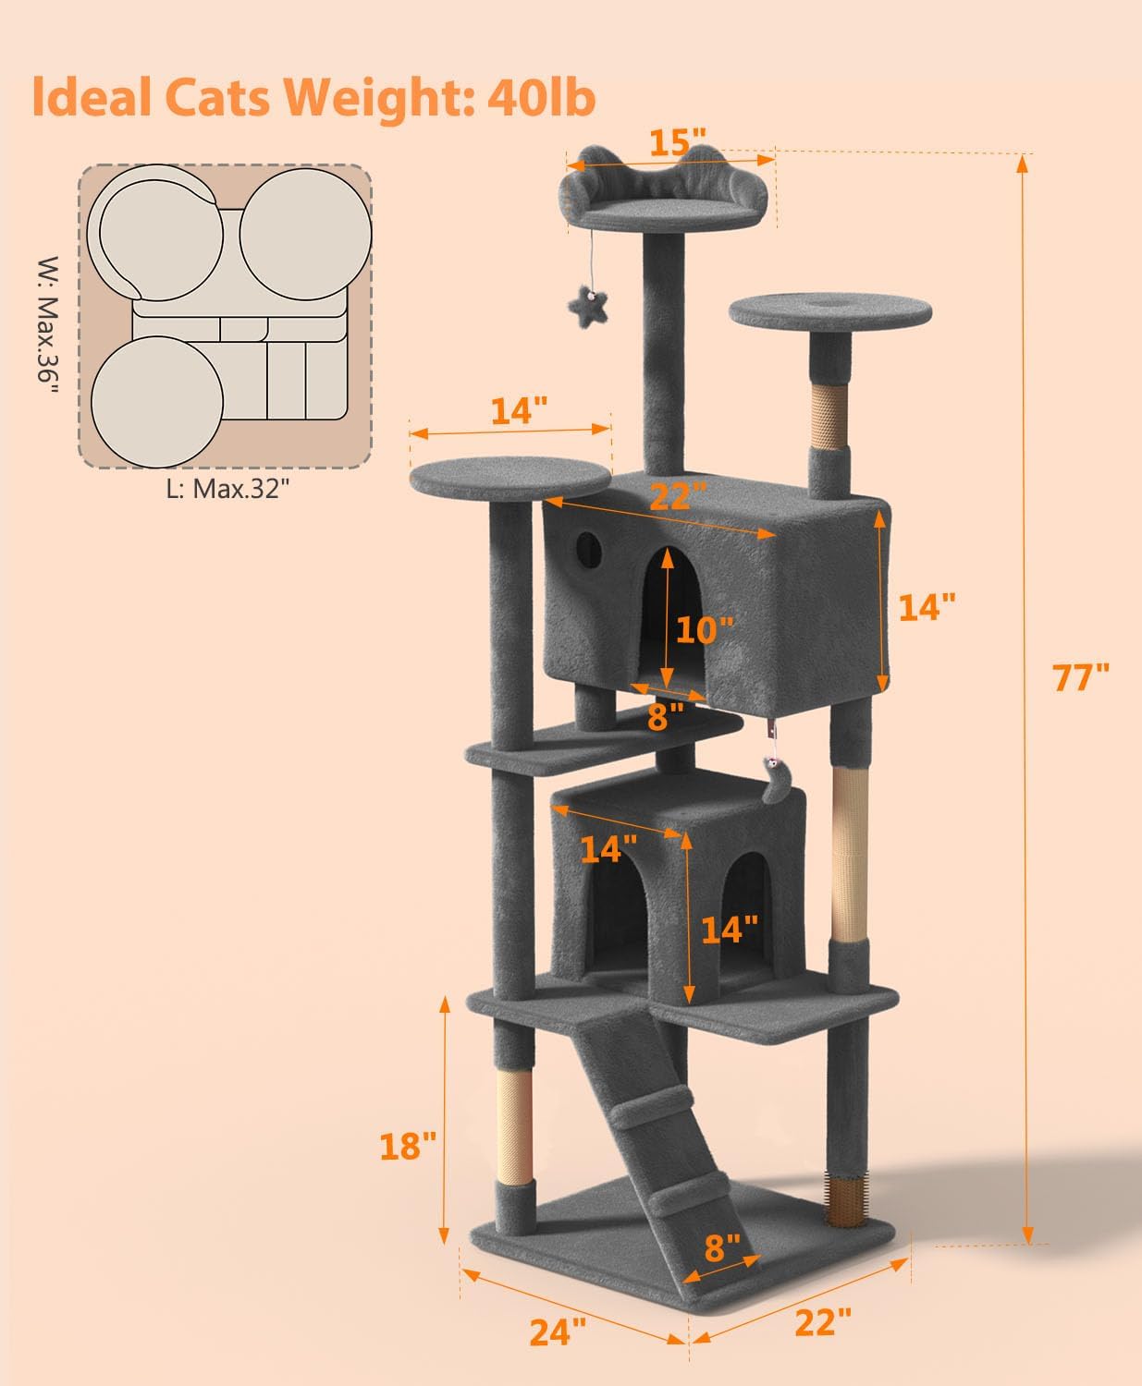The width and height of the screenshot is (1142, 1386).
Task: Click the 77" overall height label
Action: (x=1080, y=677)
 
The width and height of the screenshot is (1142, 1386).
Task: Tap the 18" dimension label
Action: (x=407, y=1146)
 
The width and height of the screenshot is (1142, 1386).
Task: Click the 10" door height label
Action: (x=705, y=630)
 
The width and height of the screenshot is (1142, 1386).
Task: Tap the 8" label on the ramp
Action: (x=721, y=1248)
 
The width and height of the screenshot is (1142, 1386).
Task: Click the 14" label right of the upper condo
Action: (x=926, y=607)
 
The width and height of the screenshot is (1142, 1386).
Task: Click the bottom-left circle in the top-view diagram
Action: (x=157, y=404)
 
